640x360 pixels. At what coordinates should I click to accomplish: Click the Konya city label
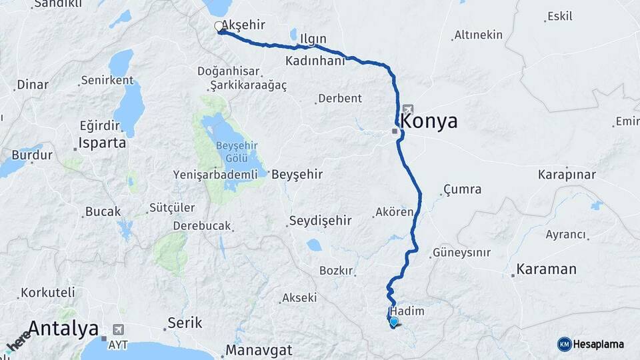(431, 122)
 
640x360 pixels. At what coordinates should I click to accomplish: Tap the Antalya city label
(63, 328)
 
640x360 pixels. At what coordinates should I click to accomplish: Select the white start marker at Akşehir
(219, 27)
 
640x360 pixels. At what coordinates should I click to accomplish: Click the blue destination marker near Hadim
(394, 323)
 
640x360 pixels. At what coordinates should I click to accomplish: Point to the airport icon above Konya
(408, 109)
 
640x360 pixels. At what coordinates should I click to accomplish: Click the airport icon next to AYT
(119, 329)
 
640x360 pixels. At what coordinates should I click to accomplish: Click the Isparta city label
(102, 143)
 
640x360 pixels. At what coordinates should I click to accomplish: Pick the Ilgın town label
(313, 38)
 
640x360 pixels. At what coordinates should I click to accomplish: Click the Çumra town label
(462, 189)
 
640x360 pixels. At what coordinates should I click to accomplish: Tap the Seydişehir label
(319, 221)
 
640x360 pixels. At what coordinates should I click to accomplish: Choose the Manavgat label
(259, 349)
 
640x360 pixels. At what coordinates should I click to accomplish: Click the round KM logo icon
(565, 344)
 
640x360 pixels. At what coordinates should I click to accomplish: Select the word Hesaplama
(598, 344)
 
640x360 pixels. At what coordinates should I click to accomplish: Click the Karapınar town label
(567, 175)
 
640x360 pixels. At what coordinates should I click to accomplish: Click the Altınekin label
(478, 35)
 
